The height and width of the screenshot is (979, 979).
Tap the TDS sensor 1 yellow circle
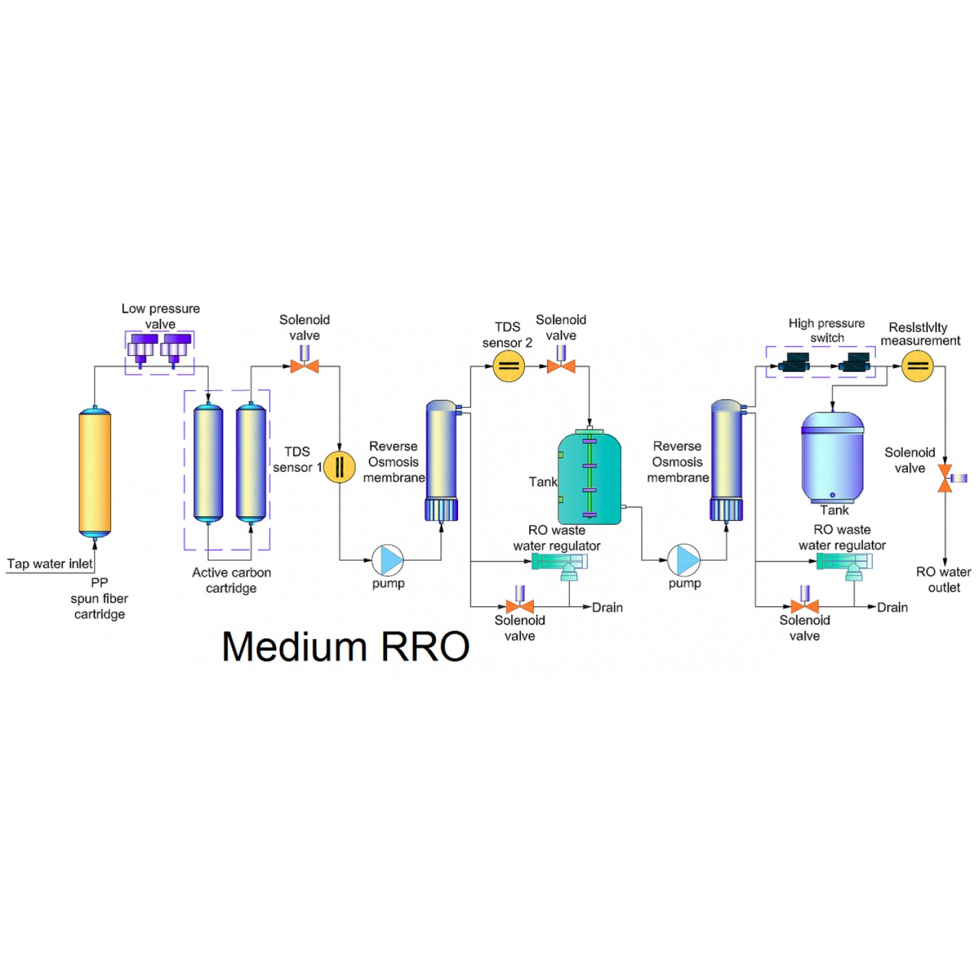tap(339, 467)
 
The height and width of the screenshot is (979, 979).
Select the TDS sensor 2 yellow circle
tap(508, 366)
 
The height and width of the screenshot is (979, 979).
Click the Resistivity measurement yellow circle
tap(917, 366)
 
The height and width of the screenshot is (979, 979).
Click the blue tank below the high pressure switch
tap(832, 457)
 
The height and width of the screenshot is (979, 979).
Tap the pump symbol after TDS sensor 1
tap(388, 560)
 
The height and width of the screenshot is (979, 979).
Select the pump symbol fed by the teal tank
tap(683, 560)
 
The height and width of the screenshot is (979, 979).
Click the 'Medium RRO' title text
tap(345, 647)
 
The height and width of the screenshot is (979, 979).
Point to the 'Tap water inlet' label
tap(50, 564)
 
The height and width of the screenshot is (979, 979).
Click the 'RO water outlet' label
tap(943, 580)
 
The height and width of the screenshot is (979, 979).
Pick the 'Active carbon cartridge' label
tap(231, 580)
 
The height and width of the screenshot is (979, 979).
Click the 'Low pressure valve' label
tap(161, 316)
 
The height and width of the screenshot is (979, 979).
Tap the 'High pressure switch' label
tap(826, 330)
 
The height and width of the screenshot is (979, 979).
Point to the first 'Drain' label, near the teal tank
tap(607, 608)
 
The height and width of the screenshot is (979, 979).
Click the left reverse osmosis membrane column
tap(441, 460)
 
